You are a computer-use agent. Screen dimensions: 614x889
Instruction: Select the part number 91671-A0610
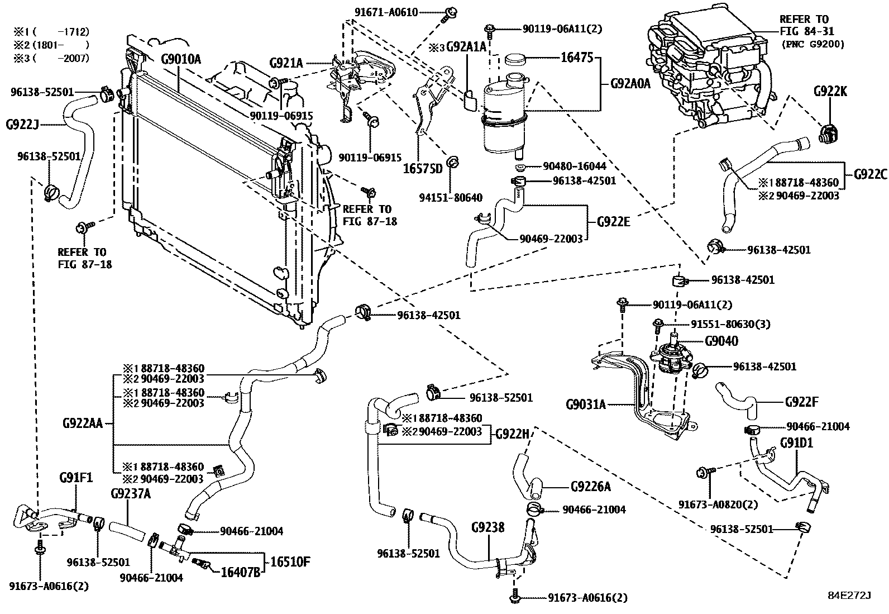385,12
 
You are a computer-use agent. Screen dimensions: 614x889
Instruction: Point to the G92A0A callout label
630,84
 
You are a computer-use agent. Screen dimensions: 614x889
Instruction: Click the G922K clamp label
829,91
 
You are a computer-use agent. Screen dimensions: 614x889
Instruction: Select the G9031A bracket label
585,403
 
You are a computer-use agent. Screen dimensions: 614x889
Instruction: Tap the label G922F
801,402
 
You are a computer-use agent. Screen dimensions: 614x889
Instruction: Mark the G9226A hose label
590,487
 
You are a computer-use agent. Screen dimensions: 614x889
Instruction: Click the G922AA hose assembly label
83,423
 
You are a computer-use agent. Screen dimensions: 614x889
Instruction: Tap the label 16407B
241,572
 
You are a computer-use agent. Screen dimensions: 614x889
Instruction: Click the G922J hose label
22,124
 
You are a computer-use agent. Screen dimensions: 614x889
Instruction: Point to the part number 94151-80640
452,198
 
